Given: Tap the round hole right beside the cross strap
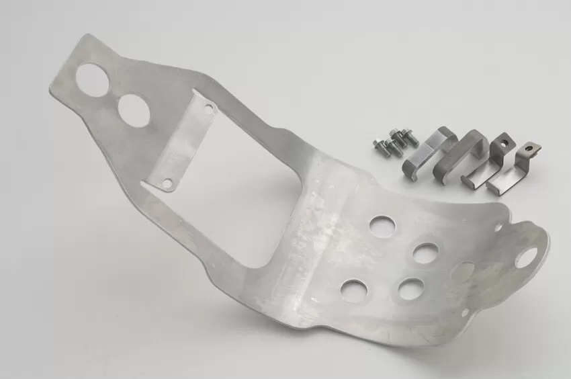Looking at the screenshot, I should click(x=134, y=108).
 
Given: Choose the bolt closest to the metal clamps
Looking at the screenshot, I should click(x=408, y=137).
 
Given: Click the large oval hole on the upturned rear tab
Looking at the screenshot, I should click(x=527, y=257).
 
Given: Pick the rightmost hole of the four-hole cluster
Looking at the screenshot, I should click(x=425, y=253).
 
